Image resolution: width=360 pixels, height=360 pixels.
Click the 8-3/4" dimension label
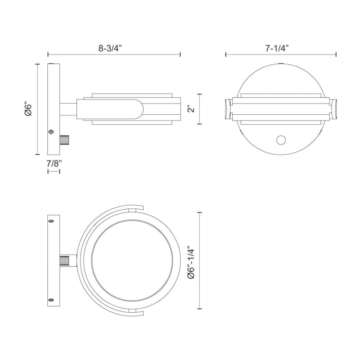tap(110, 49)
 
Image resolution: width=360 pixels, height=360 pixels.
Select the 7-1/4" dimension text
tap(277, 49)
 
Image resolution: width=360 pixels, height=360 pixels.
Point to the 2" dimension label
tap(191, 109)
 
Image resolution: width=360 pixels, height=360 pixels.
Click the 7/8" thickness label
tap(54, 164)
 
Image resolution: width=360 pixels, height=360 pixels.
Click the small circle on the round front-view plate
tap(281, 140)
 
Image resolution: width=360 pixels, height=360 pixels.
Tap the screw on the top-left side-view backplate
tap(51, 132)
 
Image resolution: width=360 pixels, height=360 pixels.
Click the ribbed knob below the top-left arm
tap(64, 140)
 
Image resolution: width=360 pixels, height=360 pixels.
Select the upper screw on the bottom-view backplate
tap(51, 221)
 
